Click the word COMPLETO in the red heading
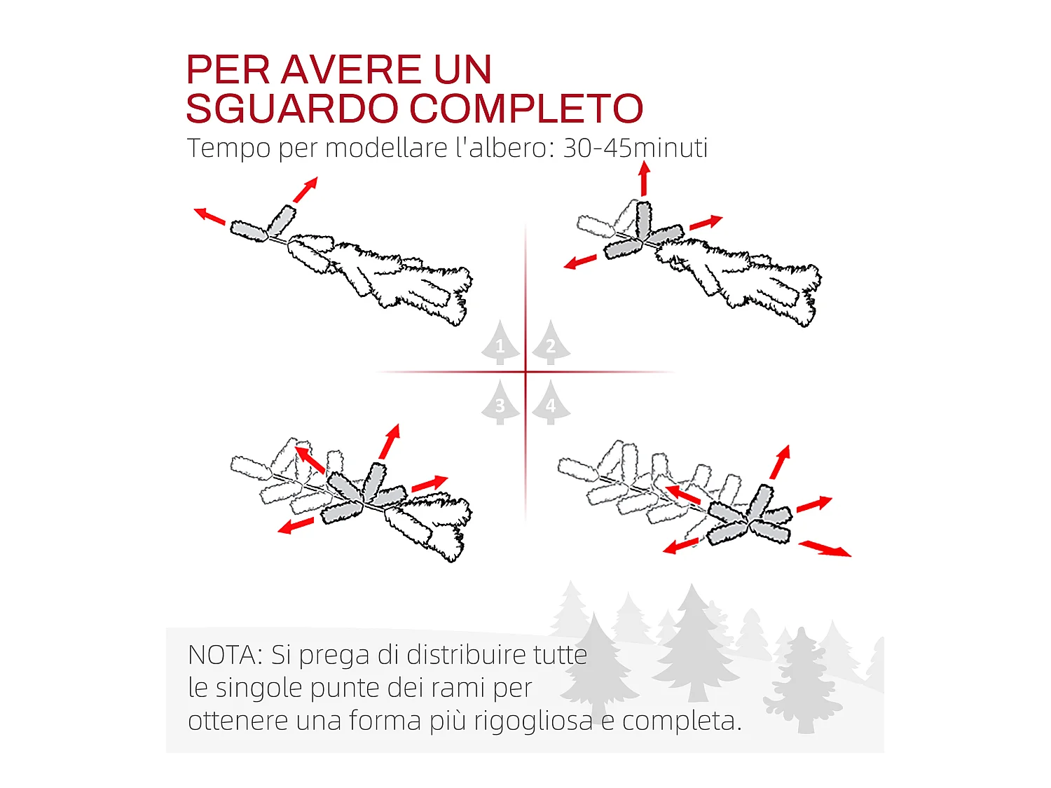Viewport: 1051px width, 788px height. click(x=525, y=109)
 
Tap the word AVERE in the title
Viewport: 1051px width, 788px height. click(x=351, y=70)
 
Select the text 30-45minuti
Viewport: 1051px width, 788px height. click(x=635, y=148)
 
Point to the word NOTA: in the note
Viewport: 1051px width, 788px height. click(x=225, y=655)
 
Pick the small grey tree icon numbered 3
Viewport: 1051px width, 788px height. click(x=500, y=403)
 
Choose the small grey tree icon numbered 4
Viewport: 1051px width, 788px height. click(x=551, y=403)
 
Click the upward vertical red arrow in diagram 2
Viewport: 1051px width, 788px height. click(x=644, y=179)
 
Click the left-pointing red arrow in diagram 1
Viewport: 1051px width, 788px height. click(x=209, y=216)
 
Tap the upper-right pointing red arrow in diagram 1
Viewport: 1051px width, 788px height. click(x=305, y=189)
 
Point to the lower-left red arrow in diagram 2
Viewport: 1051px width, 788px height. click(x=580, y=262)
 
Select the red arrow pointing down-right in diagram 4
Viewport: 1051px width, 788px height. click(x=825, y=548)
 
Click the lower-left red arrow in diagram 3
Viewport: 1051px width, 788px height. click(x=296, y=525)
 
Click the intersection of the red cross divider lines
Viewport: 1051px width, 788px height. click(x=525, y=372)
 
